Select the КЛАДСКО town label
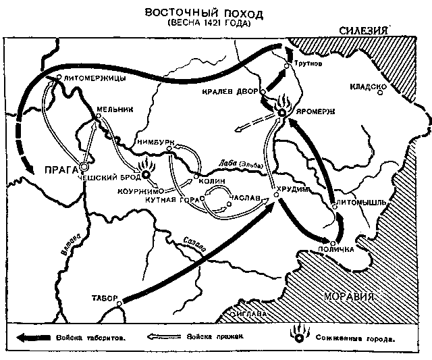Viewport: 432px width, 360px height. [x=368, y=88]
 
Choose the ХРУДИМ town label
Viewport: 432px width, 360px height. [x=296, y=190]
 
